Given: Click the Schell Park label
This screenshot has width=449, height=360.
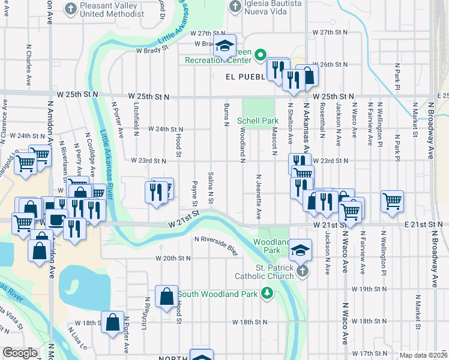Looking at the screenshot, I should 258,121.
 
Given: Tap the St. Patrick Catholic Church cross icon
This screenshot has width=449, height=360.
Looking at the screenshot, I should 302,271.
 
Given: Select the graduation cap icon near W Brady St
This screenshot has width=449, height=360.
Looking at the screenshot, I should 224,46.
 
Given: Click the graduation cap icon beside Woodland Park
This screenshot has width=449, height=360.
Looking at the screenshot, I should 301,249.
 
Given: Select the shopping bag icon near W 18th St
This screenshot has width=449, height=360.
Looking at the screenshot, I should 113,322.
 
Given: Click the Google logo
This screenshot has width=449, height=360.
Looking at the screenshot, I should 20,353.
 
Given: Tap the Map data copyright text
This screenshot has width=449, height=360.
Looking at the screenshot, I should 423,355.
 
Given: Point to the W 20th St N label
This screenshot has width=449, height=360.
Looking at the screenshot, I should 173,258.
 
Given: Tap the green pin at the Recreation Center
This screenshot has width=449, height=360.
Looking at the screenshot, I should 261,55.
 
